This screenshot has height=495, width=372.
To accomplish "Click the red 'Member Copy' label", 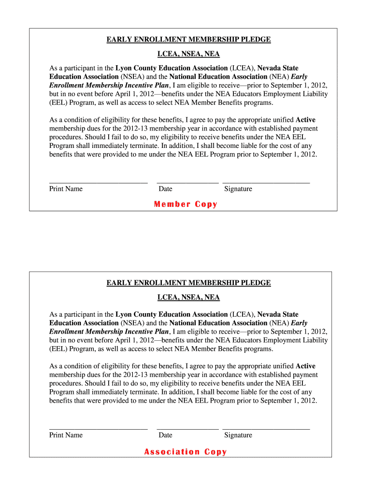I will tap(186, 204).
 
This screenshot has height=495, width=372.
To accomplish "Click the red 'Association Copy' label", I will tap(186, 452).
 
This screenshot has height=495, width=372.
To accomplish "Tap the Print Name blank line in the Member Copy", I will tap(98, 182).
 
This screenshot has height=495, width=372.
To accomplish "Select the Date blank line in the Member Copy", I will tap(187, 182).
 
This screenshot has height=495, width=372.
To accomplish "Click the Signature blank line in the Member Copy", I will tap(266, 182).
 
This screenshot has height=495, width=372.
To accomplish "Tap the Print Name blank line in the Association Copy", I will tap(98, 428).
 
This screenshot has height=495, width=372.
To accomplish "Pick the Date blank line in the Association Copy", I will tap(187, 428).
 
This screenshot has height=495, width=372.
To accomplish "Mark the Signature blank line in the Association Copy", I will tap(266, 428).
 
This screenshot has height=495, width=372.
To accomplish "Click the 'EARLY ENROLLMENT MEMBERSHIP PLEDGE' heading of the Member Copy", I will tap(188, 40).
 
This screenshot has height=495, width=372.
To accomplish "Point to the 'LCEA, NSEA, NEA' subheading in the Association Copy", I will tap(188, 297).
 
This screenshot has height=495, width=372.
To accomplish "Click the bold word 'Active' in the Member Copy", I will tap(305, 120).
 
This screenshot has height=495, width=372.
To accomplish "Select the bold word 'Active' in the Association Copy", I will tap(305, 366).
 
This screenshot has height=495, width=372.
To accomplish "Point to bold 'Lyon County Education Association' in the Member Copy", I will tap(172, 68).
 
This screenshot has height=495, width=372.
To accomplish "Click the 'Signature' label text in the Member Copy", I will tap(238, 189).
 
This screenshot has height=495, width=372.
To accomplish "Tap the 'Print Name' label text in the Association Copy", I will tap(66, 435).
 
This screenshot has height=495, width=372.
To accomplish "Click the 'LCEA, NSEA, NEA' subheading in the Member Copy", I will tap(188, 54).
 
